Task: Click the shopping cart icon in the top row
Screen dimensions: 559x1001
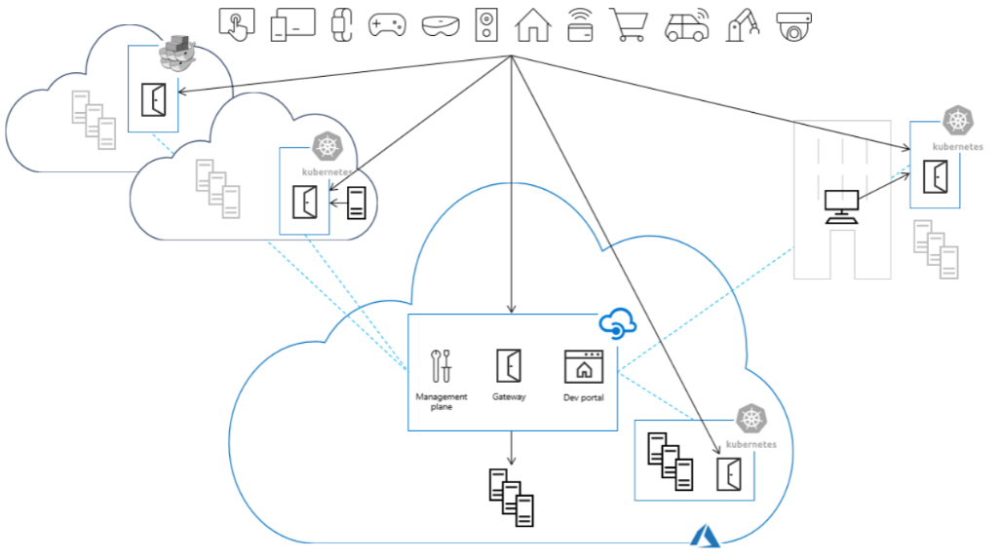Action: coord(629,24)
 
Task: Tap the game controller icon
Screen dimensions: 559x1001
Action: coord(387,25)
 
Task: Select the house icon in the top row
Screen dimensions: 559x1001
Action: coord(532,24)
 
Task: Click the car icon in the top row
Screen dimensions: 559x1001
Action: coord(686,25)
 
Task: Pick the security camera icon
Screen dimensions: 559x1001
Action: coord(796,26)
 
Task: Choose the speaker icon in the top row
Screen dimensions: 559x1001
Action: coord(485,24)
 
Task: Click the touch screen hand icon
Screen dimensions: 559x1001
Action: coord(237,23)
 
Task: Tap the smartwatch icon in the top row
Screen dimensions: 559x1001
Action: coord(340,24)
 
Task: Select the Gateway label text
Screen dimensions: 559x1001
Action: coord(509,397)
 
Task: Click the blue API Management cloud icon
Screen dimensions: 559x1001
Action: coord(616,323)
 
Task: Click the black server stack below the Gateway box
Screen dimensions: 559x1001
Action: coord(512,497)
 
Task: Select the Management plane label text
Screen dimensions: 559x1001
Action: coord(442,401)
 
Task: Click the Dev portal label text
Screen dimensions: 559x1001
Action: coord(584,397)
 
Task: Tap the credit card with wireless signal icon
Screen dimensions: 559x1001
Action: coord(580,25)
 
